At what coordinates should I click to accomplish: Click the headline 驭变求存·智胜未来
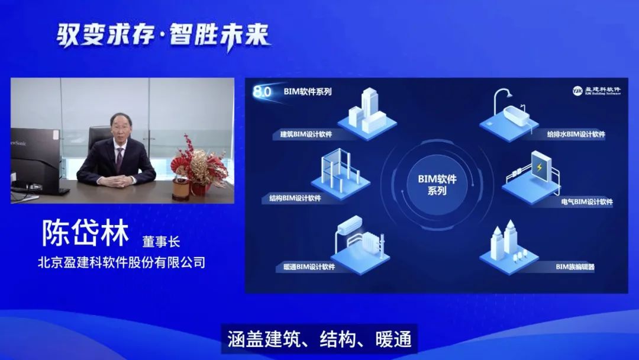[x=163, y=36]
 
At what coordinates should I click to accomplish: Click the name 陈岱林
[x=85, y=233]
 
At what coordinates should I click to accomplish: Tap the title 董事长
[x=161, y=242]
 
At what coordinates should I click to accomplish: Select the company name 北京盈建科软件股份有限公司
[x=121, y=262]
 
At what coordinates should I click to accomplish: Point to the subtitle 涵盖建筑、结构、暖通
[x=319, y=339]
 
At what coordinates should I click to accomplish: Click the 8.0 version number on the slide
[x=262, y=92]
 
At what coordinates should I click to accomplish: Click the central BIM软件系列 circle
[x=437, y=185]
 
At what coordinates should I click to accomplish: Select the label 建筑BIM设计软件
[x=306, y=134]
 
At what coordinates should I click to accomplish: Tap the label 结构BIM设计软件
[x=295, y=198]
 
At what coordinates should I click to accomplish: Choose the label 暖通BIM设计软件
[x=309, y=267]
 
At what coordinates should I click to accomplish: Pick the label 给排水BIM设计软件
[x=576, y=134]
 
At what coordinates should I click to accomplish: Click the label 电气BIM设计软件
[x=587, y=202]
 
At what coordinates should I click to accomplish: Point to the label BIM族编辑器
[x=575, y=267]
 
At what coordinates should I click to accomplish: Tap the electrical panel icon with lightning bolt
[x=540, y=167]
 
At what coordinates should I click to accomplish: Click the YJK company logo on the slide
[x=596, y=91]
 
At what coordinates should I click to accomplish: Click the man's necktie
[x=119, y=159]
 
